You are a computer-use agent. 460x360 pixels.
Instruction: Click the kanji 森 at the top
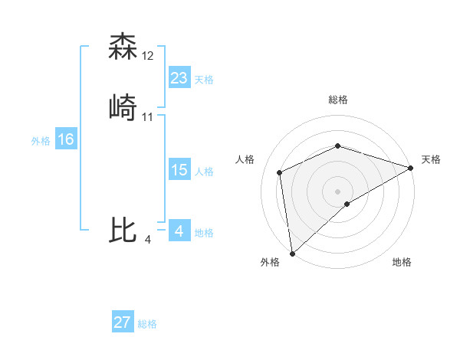[x=123, y=47]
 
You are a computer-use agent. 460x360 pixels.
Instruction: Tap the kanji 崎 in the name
[x=123, y=107]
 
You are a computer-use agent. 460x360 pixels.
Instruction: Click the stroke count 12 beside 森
[x=148, y=55]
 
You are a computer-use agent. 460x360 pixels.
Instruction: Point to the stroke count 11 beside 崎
[x=148, y=116]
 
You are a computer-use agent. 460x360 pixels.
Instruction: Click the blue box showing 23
[x=179, y=78]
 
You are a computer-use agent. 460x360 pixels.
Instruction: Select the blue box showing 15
[x=179, y=170]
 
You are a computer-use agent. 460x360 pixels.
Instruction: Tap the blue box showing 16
[x=65, y=139]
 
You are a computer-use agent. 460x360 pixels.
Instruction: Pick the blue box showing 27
[x=122, y=322]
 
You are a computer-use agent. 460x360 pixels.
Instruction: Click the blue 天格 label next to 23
[x=204, y=80]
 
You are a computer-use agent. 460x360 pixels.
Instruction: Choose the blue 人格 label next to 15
[x=204, y=172]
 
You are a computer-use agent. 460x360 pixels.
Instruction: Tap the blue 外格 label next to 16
[x=41, y=141]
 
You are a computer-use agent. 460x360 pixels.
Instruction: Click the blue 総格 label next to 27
[x=147, y=324]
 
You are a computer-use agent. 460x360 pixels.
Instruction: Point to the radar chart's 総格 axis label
[x=337, y=100]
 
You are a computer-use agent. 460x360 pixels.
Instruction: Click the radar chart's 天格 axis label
[x=431, y=159]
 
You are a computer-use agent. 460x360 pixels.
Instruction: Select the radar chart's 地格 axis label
[x=402, y=262]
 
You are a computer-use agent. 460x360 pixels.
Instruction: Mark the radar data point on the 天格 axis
[x=411, y=168]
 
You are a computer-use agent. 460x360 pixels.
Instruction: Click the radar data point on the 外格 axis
[x=292, y=253]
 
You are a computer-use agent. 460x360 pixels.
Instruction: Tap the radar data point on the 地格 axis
[x=347, y=204]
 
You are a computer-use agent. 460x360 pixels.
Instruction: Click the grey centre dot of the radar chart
[x=337, y=191]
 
